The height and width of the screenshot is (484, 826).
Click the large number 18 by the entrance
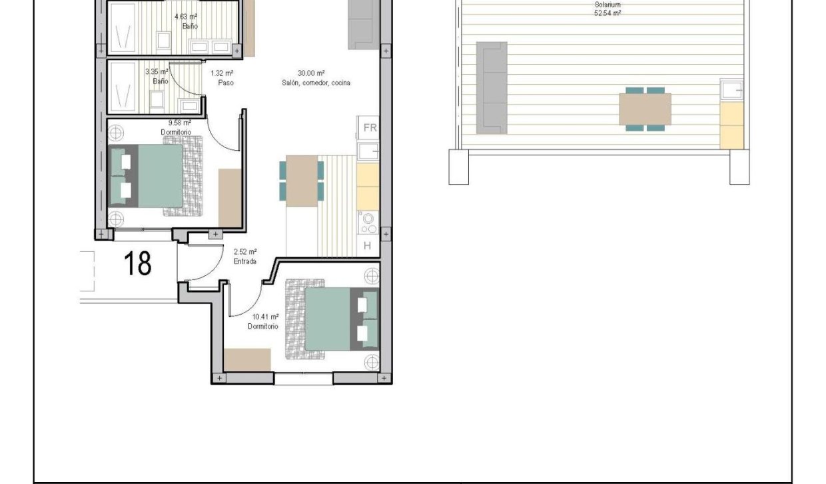click(137, 263)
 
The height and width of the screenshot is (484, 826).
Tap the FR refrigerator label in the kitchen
click(370, 128)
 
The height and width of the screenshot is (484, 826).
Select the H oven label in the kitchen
click(367, 245)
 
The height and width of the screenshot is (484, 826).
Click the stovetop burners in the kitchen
click(368, 223)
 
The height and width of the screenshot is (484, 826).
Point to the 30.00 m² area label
click(311, 73)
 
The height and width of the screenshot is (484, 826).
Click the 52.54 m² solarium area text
click(608, 13)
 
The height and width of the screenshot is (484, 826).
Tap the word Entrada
click(245, 261)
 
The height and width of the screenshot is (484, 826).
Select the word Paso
click(226, 83)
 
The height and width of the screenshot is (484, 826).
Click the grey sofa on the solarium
click(492, 87)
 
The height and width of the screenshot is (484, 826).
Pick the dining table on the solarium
click(645, 109)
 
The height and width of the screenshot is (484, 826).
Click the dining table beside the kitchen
click(302, 181)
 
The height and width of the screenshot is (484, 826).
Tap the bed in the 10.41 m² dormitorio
click(342, 319)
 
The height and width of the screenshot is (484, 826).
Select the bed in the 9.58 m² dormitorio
click(146, 176)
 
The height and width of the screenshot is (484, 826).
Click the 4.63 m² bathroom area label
click(186, 17)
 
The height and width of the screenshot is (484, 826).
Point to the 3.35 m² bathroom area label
click(157, 71)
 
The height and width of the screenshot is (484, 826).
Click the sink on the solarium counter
click(731, 89)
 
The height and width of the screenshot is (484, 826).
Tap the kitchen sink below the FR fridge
click(368, 151)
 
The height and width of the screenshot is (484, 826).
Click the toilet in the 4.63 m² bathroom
click(163, 40)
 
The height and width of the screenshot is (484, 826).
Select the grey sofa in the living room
click(363, 25)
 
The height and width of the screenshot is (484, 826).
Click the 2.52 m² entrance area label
click(245, 252)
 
